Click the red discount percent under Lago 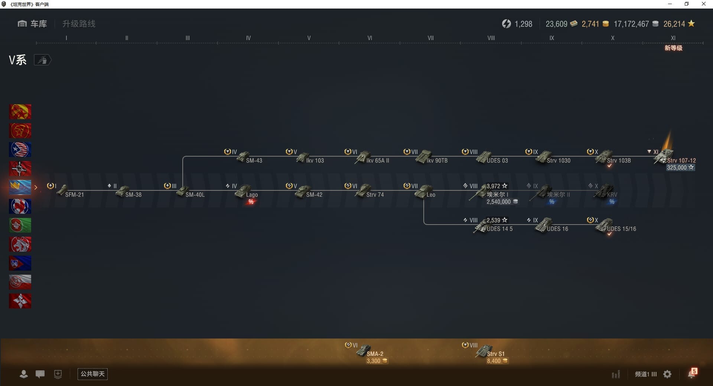(251, 202)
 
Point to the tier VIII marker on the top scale (491, 38)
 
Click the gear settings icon (667, 374)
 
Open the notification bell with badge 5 (692, 374)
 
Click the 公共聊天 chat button (92, 374)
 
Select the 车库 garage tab (32, 24)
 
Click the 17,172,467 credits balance (631, 24)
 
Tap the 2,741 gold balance (590, 24)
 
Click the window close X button (703, 4)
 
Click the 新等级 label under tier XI (673, 48)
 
